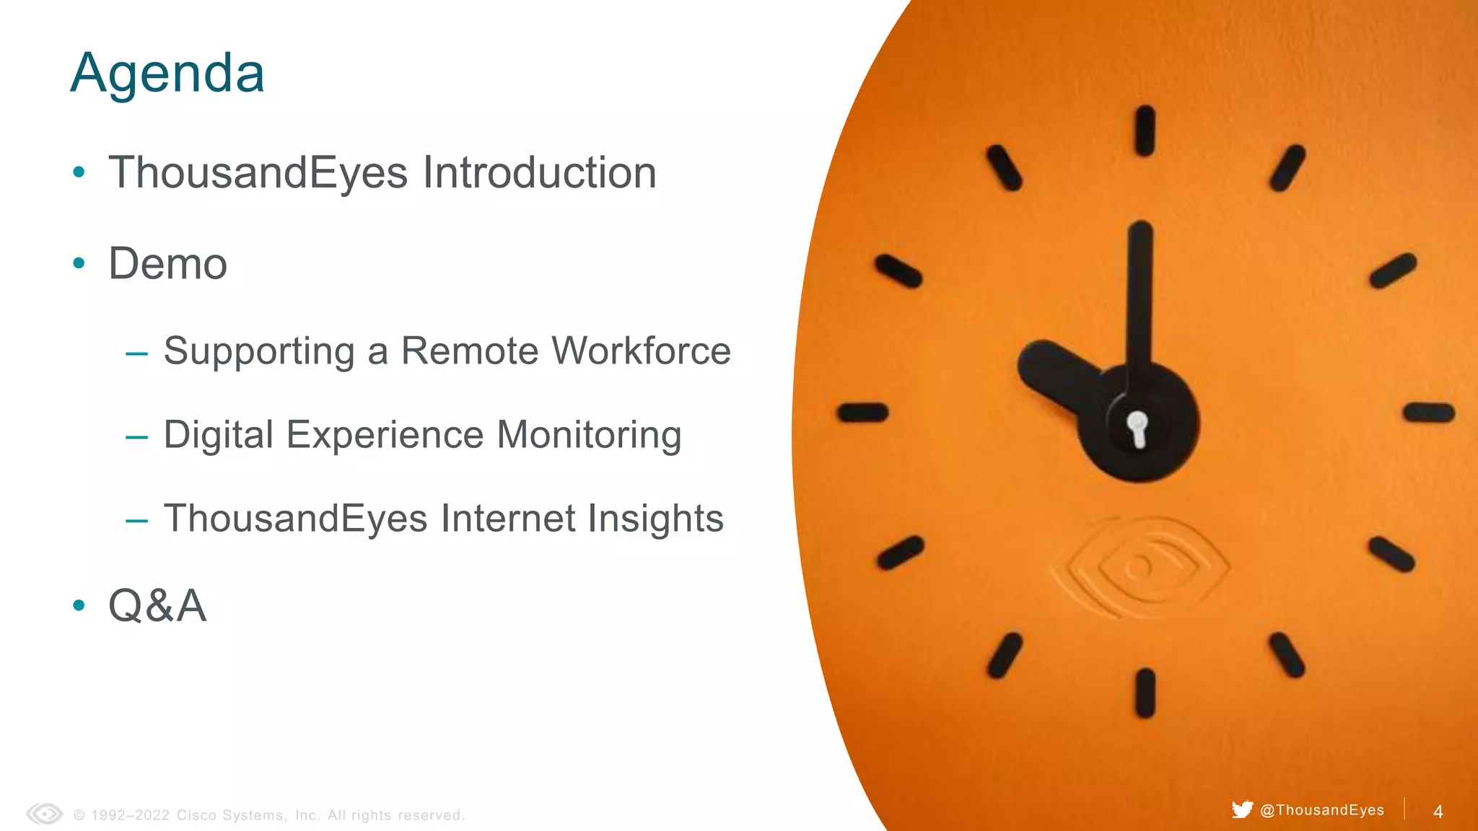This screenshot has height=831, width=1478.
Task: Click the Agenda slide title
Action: pos(167,74)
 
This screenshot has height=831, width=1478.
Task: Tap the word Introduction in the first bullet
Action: pos(539,173)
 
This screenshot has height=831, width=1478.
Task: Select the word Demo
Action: pos(167,264)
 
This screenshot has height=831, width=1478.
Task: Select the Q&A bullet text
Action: pos(157,605)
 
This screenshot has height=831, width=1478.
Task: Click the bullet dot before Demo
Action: pos(79,263)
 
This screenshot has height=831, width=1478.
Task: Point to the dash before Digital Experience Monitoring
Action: pos(136,437)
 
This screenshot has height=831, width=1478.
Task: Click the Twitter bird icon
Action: pos(1242,809)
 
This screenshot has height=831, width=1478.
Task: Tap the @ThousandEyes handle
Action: pos(1322,810)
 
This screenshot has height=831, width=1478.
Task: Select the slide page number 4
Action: pos(1438,812)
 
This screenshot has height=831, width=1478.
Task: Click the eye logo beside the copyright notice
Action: pos(45,814)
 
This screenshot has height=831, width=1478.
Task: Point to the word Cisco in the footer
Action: pos(196,815)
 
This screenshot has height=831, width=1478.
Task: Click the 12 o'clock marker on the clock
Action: pos(1145,131)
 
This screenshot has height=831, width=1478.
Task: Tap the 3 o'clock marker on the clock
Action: pos(1429,413)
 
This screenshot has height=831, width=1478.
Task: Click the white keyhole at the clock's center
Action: pos(1138,428)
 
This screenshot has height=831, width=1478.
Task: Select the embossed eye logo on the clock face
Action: pos(1140,568)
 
